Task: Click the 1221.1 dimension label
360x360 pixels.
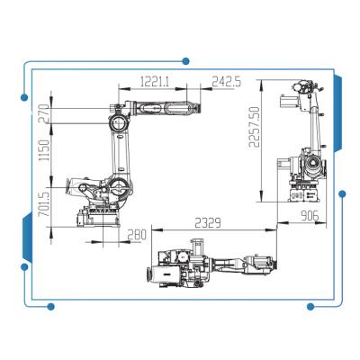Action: pos(155,81)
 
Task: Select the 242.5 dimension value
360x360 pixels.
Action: pos(227,81)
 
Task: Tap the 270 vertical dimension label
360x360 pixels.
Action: pos(44,113)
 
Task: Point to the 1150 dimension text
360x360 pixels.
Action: pos(44,150)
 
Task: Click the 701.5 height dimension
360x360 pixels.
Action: pos(44,204)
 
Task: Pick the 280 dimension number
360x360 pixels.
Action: pos(137,235)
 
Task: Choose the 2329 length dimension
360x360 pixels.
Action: pos(208,223)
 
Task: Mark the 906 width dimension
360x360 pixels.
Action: pos(310,216)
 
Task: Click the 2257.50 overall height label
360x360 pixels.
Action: pos(254,127)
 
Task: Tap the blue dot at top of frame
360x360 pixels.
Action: pos(185,61)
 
